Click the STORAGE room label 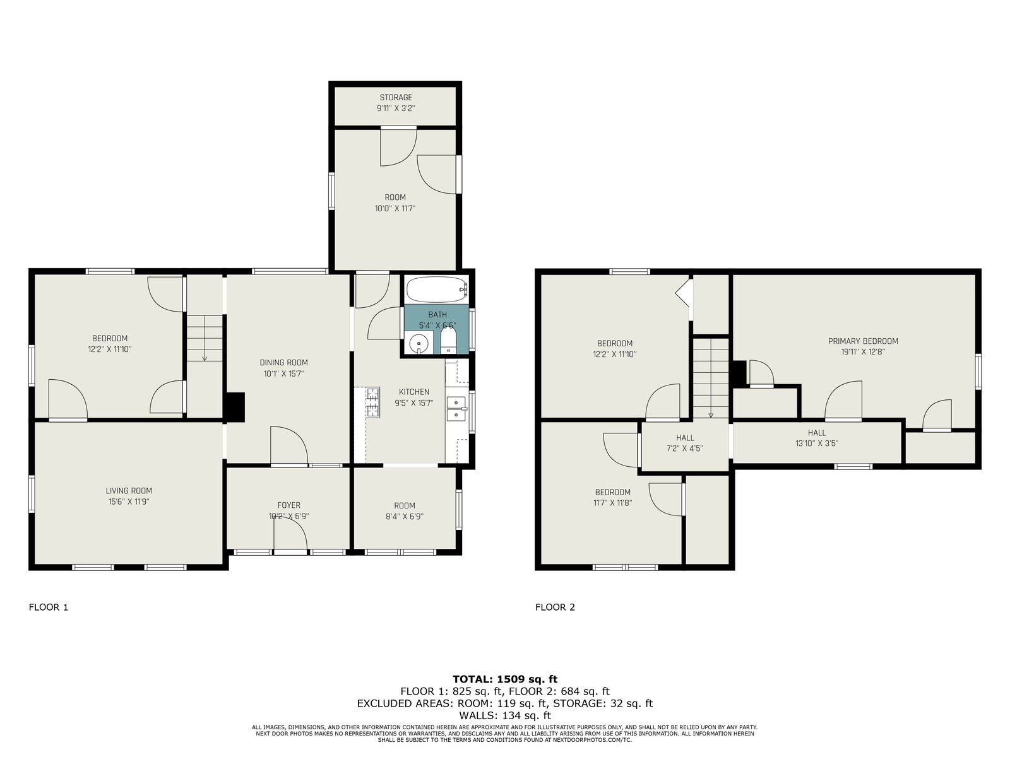[x=396, y=97]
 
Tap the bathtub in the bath [x=437, y=289]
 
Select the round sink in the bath [x=419, y=343]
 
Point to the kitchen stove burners [x=372, y=402]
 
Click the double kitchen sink [x=456, y=409]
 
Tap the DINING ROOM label [x=283, y=363]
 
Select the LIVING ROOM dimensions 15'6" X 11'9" [x=129, y=502]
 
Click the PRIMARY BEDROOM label [x=863, y=341]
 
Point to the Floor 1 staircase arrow [x=205, y=337]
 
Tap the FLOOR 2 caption [x=555, y=607]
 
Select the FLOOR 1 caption [x=49, y=607]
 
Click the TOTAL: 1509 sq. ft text [x=505, y=679]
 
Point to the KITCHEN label [x=413, y=392]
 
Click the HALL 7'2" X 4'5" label [x=685, y=443]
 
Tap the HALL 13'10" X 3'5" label [x=817, y=438]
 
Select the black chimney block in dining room [x=235, y=407]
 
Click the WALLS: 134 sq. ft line [x=505, y=715]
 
